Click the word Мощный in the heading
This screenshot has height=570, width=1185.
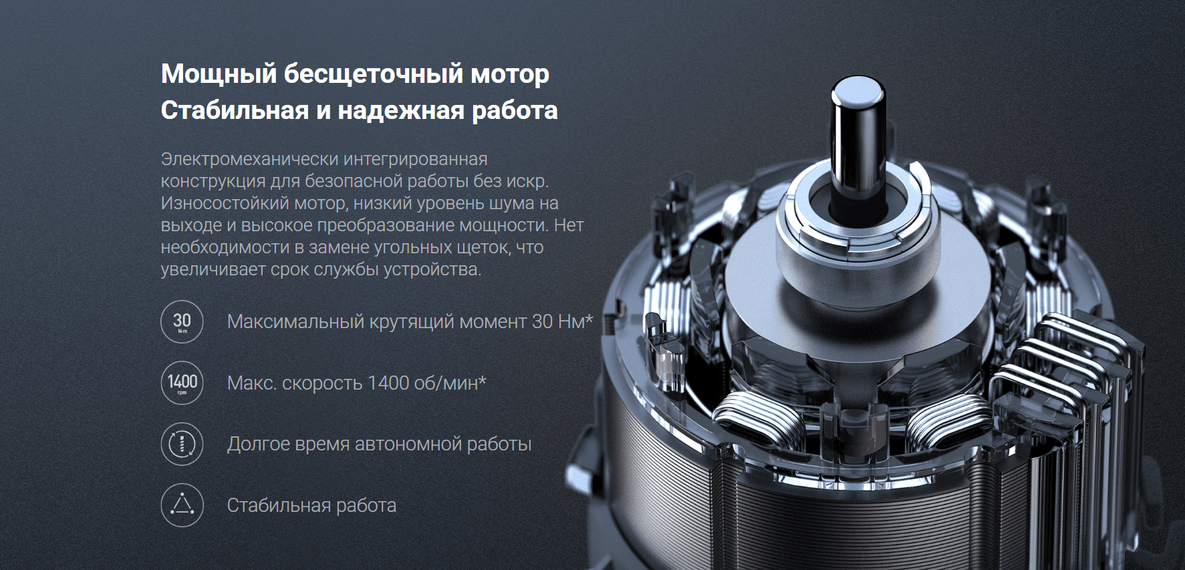[219, 74]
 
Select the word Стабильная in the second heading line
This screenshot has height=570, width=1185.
[235, 110]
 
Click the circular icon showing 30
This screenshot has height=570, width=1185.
[182, 321]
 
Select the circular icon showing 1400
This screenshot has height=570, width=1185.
[182, 383]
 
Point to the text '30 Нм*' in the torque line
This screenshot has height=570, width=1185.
[562, 321]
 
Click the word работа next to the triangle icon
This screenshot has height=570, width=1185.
[366, 506]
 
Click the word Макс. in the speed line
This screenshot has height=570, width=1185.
[251, 383]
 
